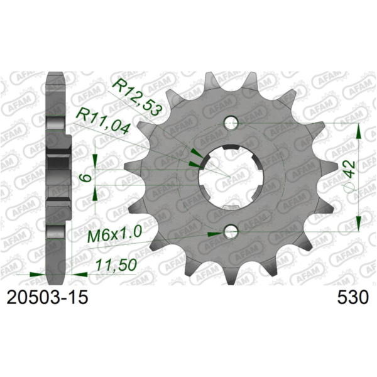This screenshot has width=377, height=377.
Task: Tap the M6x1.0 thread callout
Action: [113, 237]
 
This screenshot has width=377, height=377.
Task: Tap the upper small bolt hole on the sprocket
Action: [231, 122]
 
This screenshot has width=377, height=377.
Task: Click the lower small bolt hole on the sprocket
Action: [231, 234]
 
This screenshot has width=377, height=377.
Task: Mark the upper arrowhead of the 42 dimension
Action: [359, 130]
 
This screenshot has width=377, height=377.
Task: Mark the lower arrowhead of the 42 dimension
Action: [359, 225]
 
